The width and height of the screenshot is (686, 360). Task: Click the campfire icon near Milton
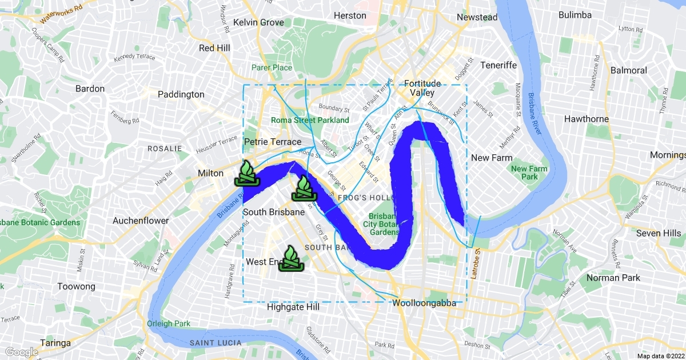point(247,174)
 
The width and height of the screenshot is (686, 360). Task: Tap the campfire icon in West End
point(291,259)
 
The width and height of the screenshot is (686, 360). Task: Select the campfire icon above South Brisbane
point(304,188)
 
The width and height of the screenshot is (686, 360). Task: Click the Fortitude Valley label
point(422,88)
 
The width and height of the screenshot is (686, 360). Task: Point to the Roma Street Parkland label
point(310,121)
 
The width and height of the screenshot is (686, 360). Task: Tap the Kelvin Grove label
point(258,22)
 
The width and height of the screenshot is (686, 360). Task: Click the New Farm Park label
point(529,173)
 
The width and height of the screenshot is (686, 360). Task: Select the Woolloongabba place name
point(424,303)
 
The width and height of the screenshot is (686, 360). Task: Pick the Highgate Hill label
point(293,307)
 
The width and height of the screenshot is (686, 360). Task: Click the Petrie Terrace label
point(273,142)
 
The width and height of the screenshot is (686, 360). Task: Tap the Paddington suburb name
point(181,94)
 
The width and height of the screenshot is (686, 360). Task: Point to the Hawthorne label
point(586,119)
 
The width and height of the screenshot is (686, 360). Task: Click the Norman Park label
point(611,278)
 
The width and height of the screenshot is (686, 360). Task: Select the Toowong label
point(76,287)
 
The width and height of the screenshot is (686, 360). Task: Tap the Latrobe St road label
point(474,268)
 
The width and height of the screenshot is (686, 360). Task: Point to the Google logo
point(22,352)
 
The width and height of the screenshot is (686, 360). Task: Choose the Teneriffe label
point(498,65)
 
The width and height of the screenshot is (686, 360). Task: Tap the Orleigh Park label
point(169,323)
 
